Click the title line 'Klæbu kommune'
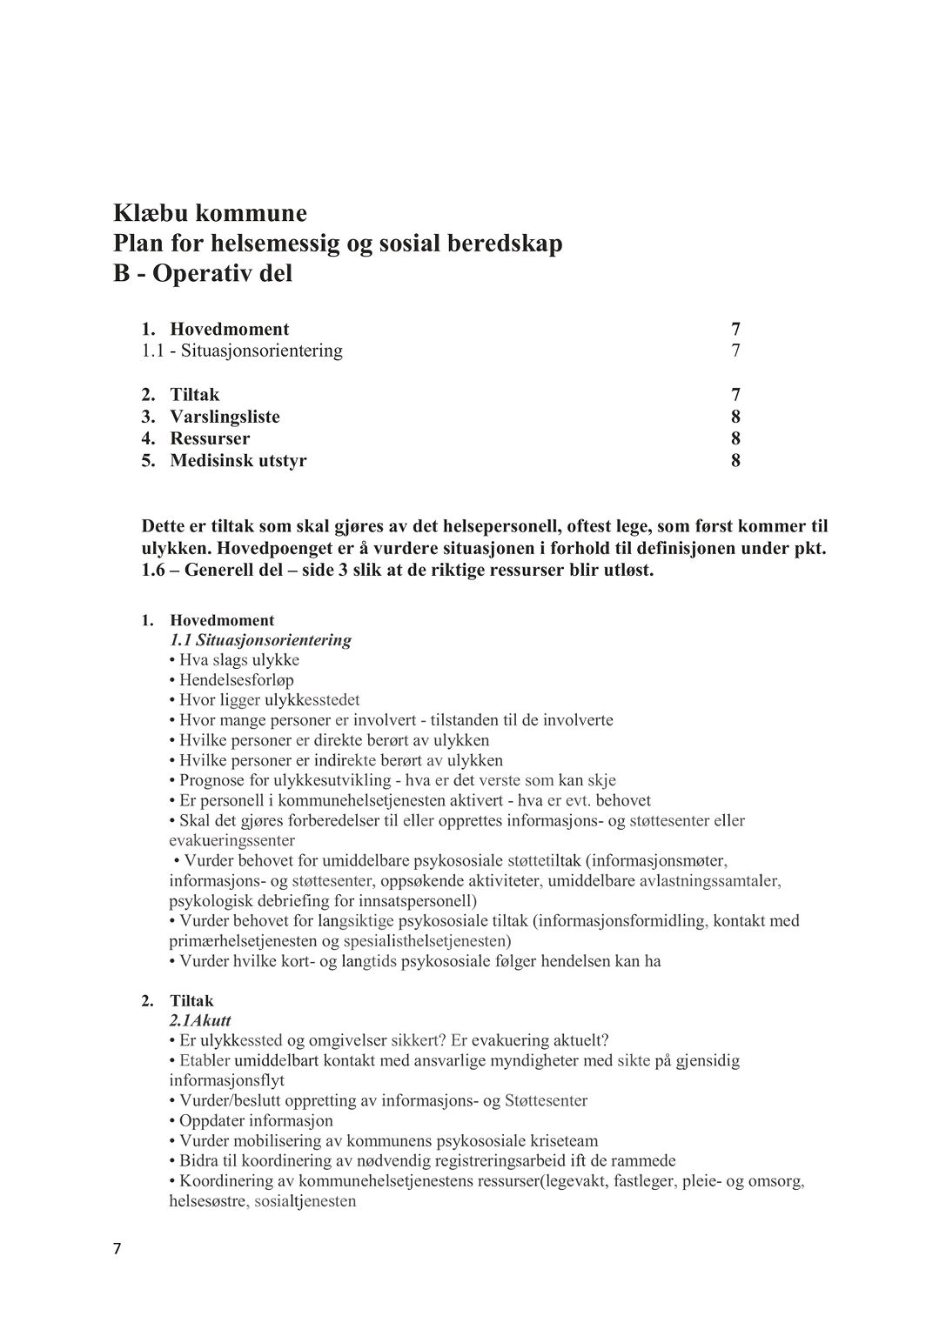[x=210, y=213]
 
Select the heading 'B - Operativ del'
[x=203, y=273]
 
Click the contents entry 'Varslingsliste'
[x=225, y=417]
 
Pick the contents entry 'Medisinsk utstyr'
[x=238, y=460]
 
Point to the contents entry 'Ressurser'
[x=210, y=438]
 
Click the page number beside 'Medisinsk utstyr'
[x=735, y=460]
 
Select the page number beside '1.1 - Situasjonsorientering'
[x=735, y=351]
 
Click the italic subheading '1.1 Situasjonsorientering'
[x=260, y=640]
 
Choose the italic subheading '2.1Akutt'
[x=200, y=1020]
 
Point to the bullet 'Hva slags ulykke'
[x=239, y=660]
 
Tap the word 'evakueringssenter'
[x=231, y=840]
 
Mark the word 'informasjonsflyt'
[x=221, y=1080]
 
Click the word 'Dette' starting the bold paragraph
[x=164, y=526]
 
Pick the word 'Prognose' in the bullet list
[x=211, y=780]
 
